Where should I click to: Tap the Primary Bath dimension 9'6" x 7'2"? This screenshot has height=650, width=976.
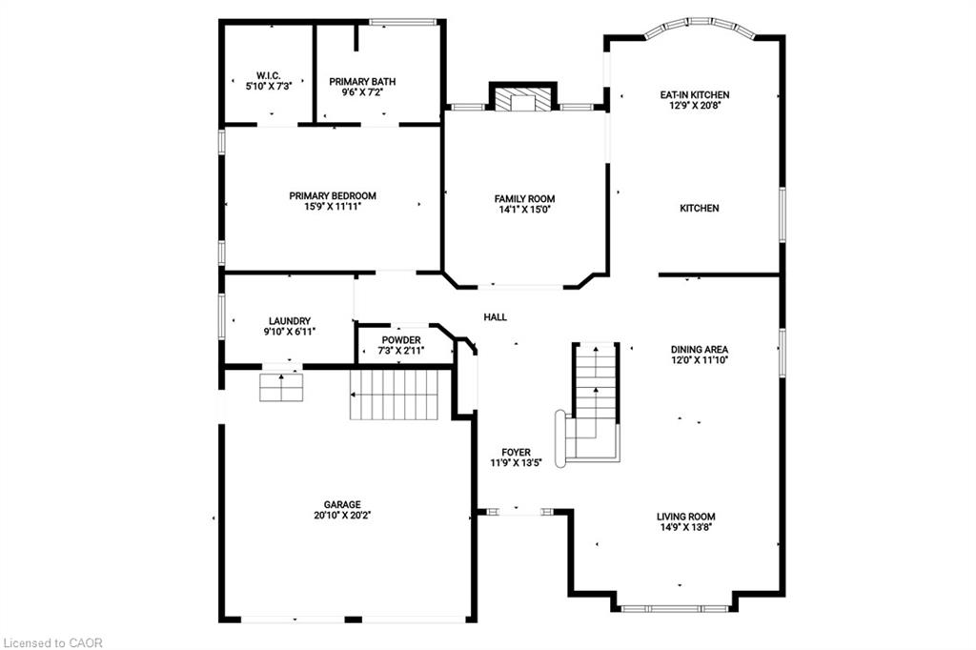pos(361,92)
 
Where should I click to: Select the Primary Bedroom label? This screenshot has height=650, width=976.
pos(325,195)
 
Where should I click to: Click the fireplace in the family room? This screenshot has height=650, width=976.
pos(522,100)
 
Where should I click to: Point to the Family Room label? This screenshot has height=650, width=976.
pos(524,198)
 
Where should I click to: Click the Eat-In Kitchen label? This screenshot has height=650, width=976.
pos(695,95)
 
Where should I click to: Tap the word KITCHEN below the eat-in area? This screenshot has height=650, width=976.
pos(699,208)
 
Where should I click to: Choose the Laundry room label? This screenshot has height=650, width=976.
pos(290,321)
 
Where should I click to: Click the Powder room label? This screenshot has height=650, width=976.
pos(401,340)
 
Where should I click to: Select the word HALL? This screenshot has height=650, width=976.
pos(495,317)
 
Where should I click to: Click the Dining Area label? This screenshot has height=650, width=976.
pos(699,349)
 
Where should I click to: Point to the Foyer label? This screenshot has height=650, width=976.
pos(516,452)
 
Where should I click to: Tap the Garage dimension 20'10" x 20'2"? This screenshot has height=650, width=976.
pos(342,516)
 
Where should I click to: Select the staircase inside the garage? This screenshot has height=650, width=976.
pos(393,395)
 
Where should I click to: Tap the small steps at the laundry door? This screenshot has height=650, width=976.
pos(281,387)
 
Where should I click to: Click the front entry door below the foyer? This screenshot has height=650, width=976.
pos(520,513)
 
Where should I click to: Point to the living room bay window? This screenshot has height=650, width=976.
pos(676,607)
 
